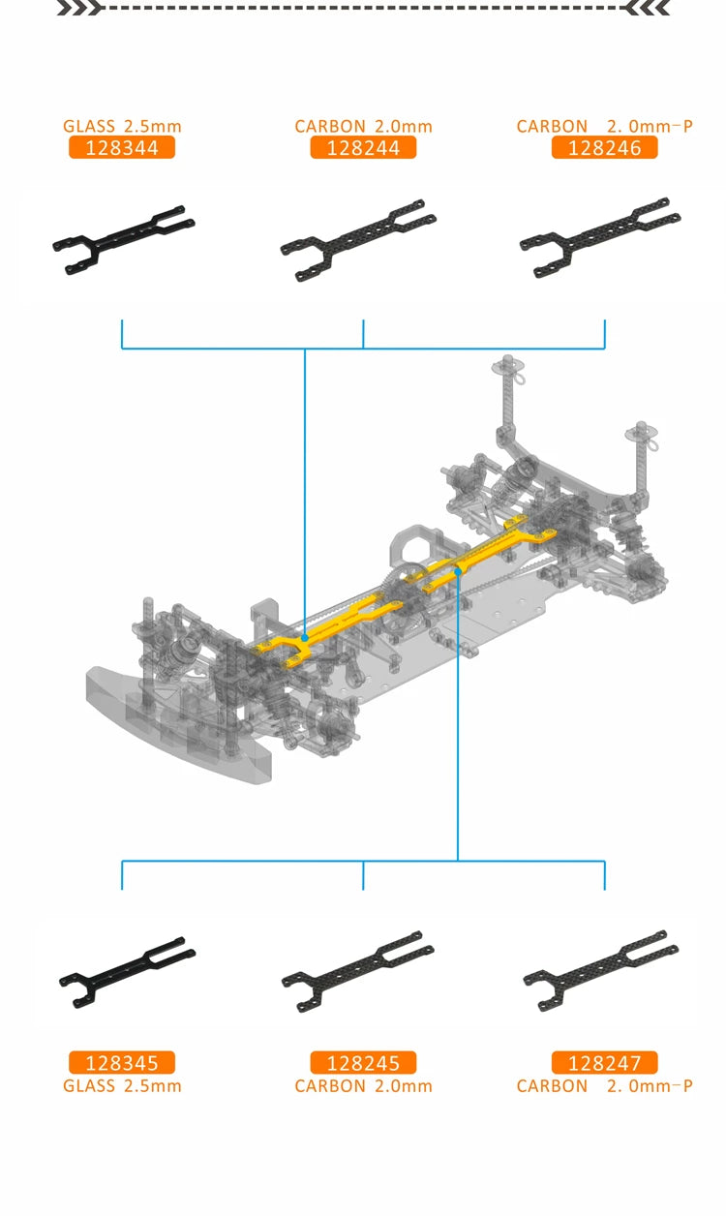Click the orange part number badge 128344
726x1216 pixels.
coord(121,147)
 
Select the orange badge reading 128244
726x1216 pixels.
coord(363,147)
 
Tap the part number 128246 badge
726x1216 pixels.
coord(604,147)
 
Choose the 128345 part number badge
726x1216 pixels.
coord(121,1063)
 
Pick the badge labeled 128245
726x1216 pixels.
coord(363,1063)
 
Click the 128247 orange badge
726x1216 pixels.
coord(604,1063)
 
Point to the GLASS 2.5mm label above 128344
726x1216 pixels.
coord(122,126)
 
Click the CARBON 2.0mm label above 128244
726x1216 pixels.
coord(363,126)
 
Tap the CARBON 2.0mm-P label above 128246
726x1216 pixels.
coord(604,126)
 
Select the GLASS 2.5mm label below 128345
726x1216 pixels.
coord(122,1085)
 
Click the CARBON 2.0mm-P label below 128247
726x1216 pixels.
coord(604,1085)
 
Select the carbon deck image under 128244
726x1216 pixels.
coord(358,239)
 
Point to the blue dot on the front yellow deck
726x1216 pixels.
coord(305,638)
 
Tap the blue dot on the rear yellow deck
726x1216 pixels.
coord(457,572)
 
